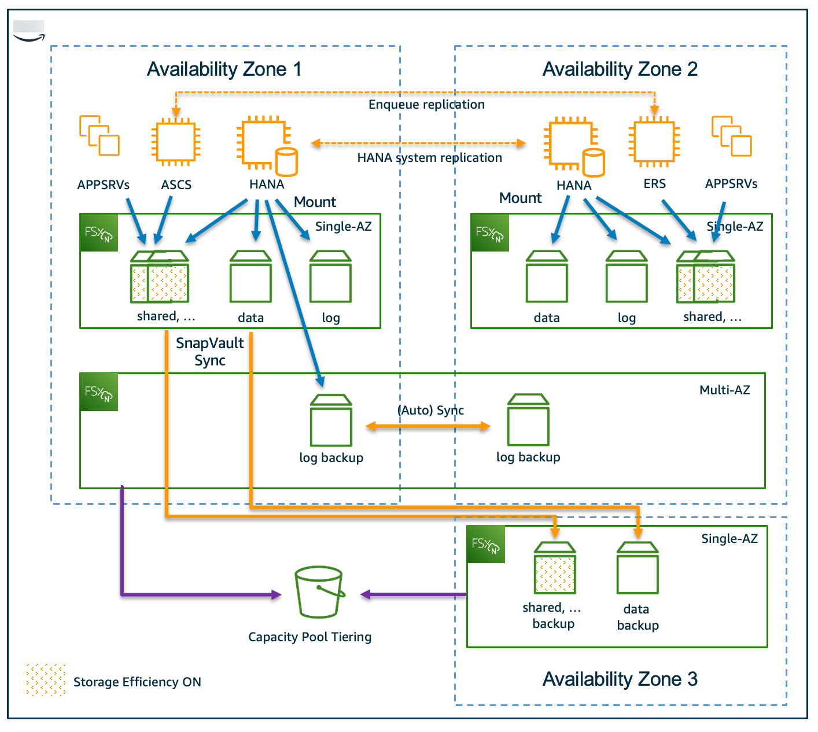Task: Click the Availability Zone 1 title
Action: pyautogui.click(x=224, y=69)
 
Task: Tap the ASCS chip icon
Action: pyautogui.click(x=175, y=142)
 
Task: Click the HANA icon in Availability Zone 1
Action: pyautogui.click(x=266, y=145)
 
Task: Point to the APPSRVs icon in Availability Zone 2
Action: pyautogui.click(x=731, y=136)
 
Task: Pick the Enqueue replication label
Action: pyautogui.click(x=426, y=105)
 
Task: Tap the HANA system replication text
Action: pyautogui.click(x=429, y=158)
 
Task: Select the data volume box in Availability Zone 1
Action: pyautogui.click(x=250, y=277)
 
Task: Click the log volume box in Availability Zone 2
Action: pyautogui.click(x=627, y=277)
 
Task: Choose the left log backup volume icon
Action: pyautogui.click(x=331, y=420)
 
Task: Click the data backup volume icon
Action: pyautogui.click(x=638, y=568)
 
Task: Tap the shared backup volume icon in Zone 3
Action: pyautogui.click(x=555, y=568)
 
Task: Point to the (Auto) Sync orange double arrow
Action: pyautogui.click(x=428, y=427)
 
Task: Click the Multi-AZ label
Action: pyautogui.click(x=724, y=390)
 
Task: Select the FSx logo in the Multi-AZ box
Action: pyautogui.click(x=99, y=392)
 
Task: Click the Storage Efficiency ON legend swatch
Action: pyautogui.click(x=46, y=680)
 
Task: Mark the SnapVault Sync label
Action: pyautogui.click(x=209, y=352)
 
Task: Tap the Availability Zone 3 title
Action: pyautogui.click(x=620, y=679)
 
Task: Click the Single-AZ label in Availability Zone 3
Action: pyautogui.click(x=729, y=539)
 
